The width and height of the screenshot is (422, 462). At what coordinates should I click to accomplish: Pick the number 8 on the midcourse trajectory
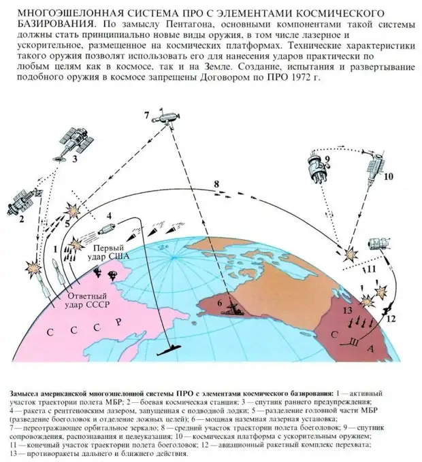(216, 185)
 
